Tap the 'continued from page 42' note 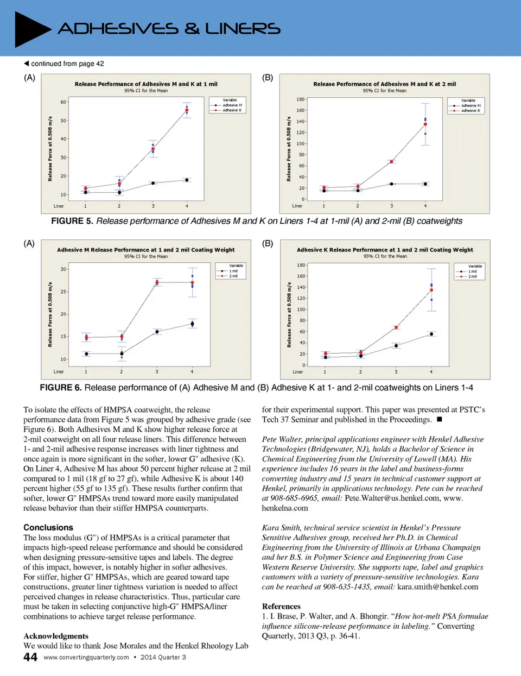64,64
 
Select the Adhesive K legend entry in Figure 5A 232,110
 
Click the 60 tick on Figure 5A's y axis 63,102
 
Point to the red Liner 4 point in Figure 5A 187,110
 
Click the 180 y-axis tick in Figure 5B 300,99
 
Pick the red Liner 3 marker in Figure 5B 391,161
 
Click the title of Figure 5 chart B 384,84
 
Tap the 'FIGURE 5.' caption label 72,221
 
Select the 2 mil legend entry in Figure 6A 233,276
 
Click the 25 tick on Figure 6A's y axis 63,292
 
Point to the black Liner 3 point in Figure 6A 157,331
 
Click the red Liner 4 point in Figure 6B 431,290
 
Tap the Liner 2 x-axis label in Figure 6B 360,372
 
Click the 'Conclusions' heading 48,527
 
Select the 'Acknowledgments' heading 56,636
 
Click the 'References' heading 281,606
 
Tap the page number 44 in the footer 30,657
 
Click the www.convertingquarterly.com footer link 86,657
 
